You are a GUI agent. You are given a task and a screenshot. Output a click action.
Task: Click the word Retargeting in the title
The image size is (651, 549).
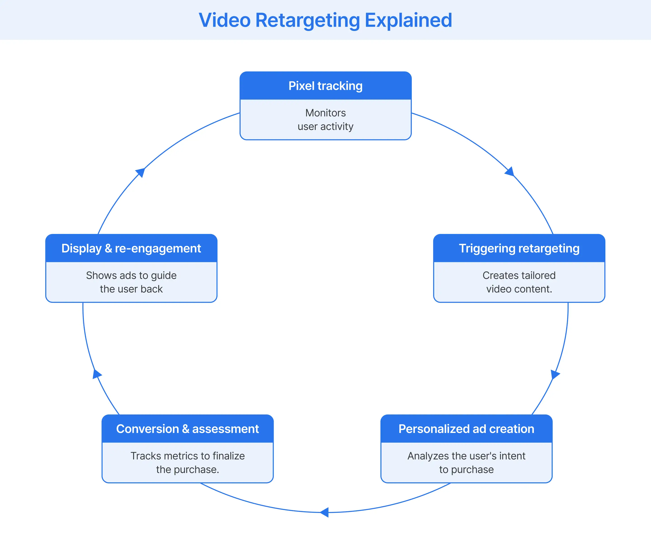coord(307,21)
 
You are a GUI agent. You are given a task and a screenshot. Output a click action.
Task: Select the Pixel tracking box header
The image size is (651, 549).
coord(325,86)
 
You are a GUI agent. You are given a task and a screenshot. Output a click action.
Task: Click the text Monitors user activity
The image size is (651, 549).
coord(325,119)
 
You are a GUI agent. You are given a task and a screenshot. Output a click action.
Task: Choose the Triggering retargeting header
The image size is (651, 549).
coord(519,248)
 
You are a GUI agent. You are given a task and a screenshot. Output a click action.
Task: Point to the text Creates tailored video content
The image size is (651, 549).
coord(519,282)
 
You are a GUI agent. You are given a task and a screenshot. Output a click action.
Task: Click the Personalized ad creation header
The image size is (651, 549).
coord(466,429)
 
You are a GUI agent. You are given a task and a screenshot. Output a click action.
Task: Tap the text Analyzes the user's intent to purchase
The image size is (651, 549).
coord(466,463)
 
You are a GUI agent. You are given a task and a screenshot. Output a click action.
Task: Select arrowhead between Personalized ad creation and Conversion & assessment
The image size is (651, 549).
coord(324,512)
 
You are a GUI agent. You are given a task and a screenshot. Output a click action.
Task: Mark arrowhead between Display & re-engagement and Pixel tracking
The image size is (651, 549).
coord(141,172)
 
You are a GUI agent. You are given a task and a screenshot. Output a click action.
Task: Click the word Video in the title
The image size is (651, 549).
coord(224,21)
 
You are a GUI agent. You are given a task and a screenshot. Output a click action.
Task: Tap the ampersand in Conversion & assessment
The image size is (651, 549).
coord(185,429)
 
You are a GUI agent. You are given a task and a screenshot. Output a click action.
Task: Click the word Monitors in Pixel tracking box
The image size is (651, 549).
coord(325,113)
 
